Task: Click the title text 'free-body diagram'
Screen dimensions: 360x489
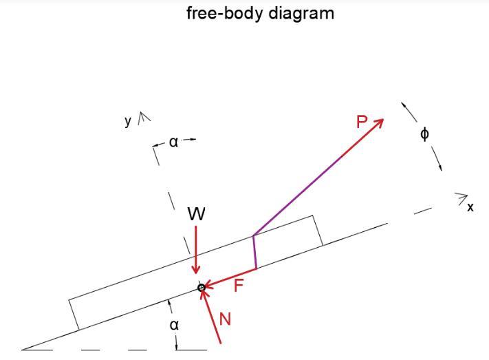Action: point(260,13)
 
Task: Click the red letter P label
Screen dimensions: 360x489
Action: point(362,123)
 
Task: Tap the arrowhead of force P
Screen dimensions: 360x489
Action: point(380,121)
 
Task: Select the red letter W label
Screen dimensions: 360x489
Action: point(197,215)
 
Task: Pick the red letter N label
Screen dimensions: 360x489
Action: point(225,319)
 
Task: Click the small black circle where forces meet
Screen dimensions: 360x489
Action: point(202,288)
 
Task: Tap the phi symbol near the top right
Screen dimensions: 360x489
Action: point(424,134)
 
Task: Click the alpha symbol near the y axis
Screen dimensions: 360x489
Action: point(173,142)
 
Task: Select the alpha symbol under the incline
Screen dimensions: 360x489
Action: point(175,324)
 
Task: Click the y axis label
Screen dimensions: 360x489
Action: point(128,121)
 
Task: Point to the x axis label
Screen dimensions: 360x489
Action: point(470,207)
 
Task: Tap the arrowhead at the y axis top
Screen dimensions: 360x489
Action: point(144,117)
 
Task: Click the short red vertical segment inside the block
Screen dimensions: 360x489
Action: point(254,252)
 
